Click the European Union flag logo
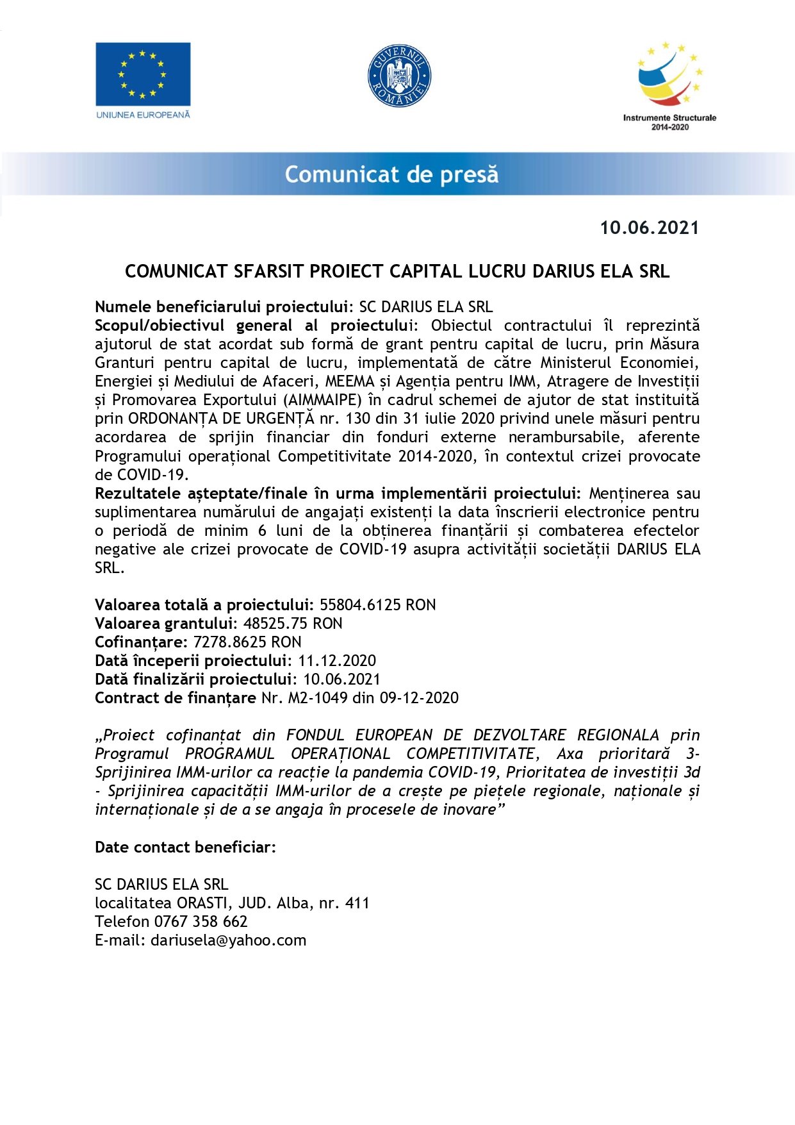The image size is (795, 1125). [x=143, y=74]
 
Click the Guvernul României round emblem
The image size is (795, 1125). [x=399, y=76]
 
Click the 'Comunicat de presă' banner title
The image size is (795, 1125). [x=391, y=174]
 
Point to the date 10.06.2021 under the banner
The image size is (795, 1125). [x=649, y=228]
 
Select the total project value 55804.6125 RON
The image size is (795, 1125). [x=377, y=605]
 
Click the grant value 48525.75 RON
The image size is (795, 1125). [x=292, y=624]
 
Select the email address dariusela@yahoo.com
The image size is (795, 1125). [x=228, y=940]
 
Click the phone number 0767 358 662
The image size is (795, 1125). [x=201, y=922]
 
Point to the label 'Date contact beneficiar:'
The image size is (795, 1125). [x=185, y=847]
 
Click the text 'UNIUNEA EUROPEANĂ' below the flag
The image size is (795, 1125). [x=143, y=115]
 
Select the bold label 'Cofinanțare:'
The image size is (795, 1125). [x=140, y=642]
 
